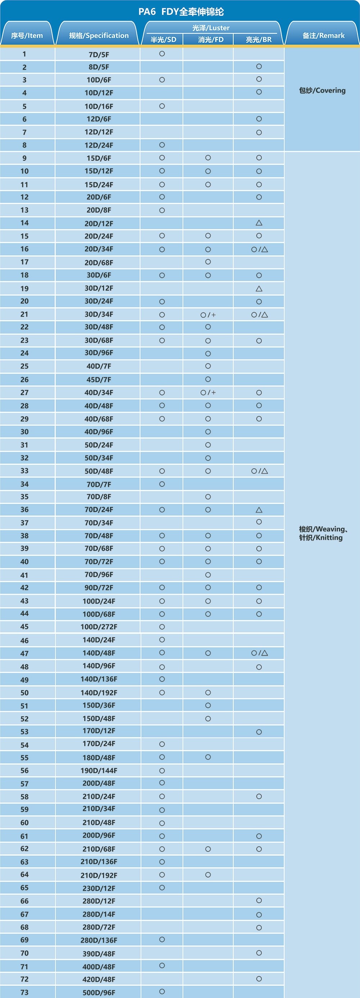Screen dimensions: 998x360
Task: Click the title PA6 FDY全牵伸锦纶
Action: click(x=181, y=12)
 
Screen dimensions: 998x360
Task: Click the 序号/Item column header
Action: click(x=27, y=36)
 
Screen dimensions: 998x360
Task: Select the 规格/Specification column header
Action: click(x=98, y=36)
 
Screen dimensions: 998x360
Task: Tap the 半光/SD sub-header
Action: click(x=163, y=40)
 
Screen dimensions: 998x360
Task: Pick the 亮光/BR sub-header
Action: click(x=258, y=40)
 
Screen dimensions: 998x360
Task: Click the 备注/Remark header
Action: click(x=323, y=36)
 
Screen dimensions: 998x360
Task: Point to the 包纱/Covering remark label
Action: click(x=322, y=91)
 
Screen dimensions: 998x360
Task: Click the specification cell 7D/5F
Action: click(x=99, y=54)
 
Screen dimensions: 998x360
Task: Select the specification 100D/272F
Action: click(x=99, y=627)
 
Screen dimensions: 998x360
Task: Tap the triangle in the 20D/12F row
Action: click(x=259, y=223)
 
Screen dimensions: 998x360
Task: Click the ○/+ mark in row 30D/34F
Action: click(x=208, y=315)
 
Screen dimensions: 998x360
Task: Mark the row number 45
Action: click(x=24, y=627)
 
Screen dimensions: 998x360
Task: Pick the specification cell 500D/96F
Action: click(x=99, y=993)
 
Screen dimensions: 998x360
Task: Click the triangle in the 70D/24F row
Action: click(x=259, y=510)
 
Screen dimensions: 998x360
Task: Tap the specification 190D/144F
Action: click(x=99, y=771)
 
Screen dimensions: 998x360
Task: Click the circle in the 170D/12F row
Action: click(x=259, y=732)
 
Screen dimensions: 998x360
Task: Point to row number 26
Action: click(x=24, y=380)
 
